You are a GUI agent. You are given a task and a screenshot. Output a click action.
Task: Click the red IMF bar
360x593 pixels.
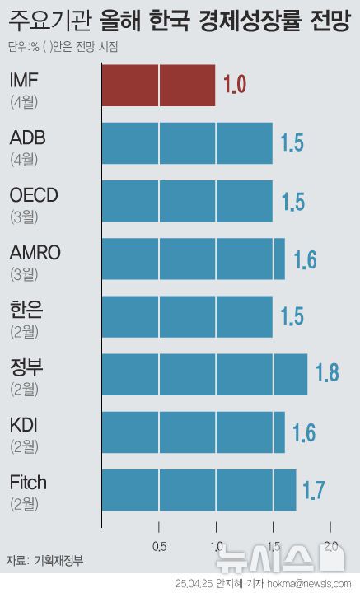click(x=158, y=86)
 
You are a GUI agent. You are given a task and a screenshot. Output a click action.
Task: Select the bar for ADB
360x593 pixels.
click(x=187, y=143)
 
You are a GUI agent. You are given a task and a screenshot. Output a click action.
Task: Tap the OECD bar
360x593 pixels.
click(x=187, y=201)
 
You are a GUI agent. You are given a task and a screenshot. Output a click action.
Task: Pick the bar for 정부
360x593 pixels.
click(x=204, y=374)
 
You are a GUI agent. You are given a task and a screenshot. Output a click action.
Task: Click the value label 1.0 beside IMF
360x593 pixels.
click(x=235, y=85)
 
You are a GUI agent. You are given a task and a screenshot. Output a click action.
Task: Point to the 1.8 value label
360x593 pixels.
click(x=327, y=373)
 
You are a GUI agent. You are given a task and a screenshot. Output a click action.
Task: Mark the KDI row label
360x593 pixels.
click(x=24, y=425)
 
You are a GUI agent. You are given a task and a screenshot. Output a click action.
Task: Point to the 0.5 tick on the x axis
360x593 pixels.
click(x=159, y=546)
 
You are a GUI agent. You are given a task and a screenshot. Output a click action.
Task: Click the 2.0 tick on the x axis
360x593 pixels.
click(x=331, y=546)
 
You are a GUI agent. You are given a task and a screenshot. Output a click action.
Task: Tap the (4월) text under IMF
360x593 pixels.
click(x=24, y=103)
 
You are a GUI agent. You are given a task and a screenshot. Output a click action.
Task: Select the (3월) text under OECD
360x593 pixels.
click(x=24, y=218)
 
